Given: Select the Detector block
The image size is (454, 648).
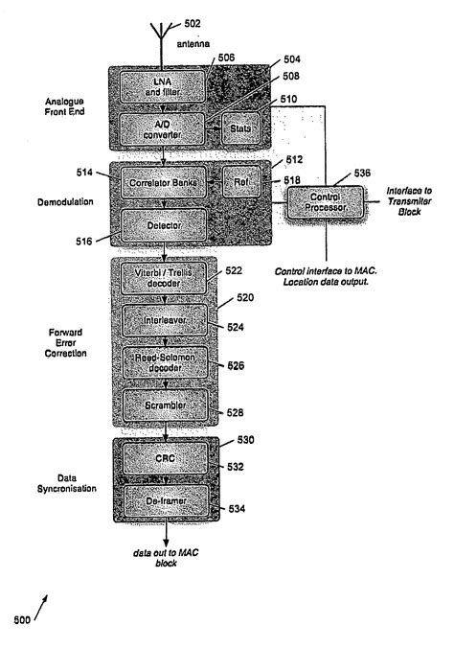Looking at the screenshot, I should click(x=164, y=225).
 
